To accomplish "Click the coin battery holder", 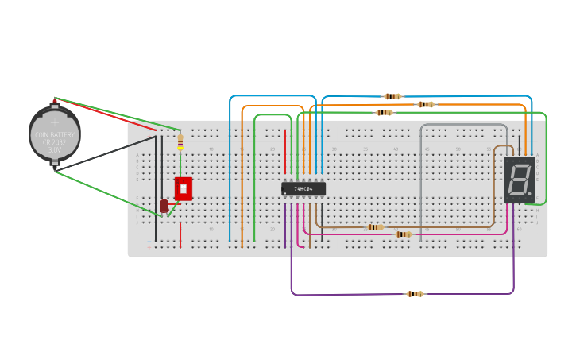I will coord(54,134).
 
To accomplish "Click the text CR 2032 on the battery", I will coord(54,142).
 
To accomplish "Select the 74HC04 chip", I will coord(303,189).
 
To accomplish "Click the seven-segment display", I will coord(519,179).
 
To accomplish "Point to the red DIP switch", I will coord(184,189).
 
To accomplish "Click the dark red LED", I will coord(164,206).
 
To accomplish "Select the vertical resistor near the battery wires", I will coord(180,141).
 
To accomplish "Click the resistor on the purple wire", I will coord(415,294).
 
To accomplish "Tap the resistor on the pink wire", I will coord(404,234).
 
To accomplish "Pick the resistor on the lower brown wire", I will coord(375,227).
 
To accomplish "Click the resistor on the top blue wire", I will coord(392,96).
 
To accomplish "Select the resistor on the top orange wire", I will coord(426,104).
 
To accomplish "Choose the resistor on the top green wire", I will coord(384,113).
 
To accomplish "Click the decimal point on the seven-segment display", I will coord(529,193).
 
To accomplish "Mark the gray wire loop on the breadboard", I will coord(463,125).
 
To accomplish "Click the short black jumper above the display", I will coord(520,144).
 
